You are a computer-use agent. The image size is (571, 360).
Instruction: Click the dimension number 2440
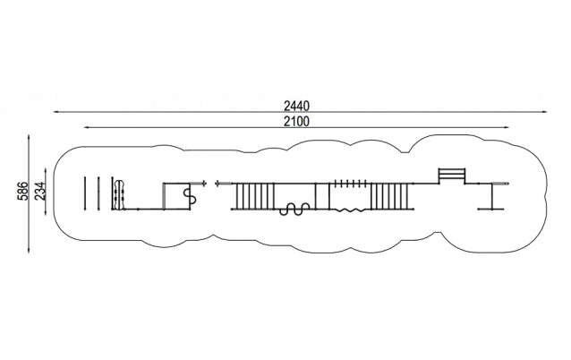(296, 106)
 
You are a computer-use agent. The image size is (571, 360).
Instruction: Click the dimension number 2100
(296, 121)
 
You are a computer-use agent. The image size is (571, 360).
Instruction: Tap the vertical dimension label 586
(22, 191)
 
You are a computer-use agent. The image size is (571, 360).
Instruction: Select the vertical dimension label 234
(39, 191)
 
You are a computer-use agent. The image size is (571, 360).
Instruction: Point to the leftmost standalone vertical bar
(85, 193)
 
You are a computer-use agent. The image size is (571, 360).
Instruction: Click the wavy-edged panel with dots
(118, 194)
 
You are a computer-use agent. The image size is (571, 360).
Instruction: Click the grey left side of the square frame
(164, 196)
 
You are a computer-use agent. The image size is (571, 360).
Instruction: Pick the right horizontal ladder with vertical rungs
(390, 196)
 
